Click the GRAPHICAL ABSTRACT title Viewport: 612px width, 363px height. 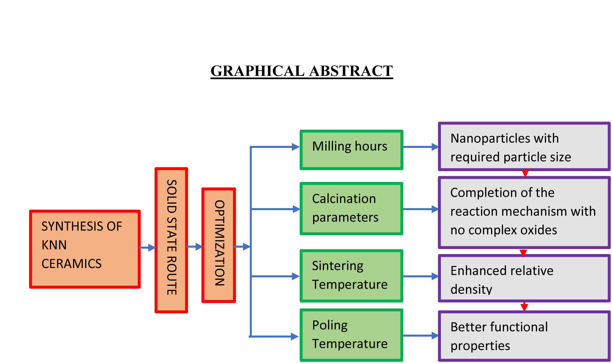pos(302,71)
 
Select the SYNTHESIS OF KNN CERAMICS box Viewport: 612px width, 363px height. pos(85,249)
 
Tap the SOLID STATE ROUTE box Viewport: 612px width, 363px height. pos(171,240)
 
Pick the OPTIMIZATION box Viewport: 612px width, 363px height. pos(219,245)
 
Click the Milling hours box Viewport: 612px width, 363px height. pos(351,150)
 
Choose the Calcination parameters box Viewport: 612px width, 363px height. pos(351,209)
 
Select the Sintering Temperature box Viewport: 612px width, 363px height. pos(351,275)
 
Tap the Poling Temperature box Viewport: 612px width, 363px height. pos(351,335)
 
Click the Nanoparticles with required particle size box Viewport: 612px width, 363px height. pos(524,147)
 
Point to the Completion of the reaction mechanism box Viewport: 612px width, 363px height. pos(524,212)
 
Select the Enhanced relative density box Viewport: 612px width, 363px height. pos(524,278)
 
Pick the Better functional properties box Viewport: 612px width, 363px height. pos(524,336)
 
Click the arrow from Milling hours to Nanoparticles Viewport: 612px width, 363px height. pos(421,147)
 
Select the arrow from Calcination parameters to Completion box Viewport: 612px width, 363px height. pos(421,209)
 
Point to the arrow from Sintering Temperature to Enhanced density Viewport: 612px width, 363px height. pos(421,276)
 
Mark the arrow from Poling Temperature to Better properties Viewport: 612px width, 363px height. pos(421,335)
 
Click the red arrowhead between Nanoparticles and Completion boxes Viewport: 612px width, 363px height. pos(525,173)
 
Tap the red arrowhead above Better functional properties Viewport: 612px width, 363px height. pos(524,307)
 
